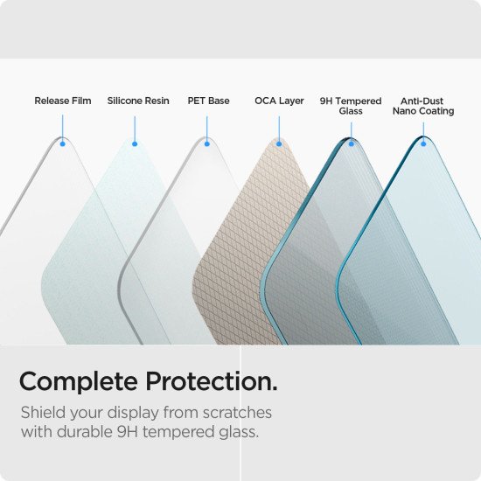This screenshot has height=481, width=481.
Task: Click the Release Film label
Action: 63,101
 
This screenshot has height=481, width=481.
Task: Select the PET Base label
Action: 208,101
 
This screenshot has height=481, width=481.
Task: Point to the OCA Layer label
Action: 279,101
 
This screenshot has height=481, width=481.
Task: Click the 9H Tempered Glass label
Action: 351,106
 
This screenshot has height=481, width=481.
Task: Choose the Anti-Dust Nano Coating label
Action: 423,106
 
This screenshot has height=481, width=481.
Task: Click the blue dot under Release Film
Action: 63,143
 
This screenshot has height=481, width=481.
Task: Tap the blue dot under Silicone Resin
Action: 135,143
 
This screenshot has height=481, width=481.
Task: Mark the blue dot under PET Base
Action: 207,143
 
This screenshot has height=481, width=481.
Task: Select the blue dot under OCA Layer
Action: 279,143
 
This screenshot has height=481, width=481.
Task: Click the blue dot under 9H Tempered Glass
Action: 351,143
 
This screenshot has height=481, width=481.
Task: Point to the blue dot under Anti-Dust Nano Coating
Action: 423,143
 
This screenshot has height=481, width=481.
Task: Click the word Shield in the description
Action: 40,412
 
